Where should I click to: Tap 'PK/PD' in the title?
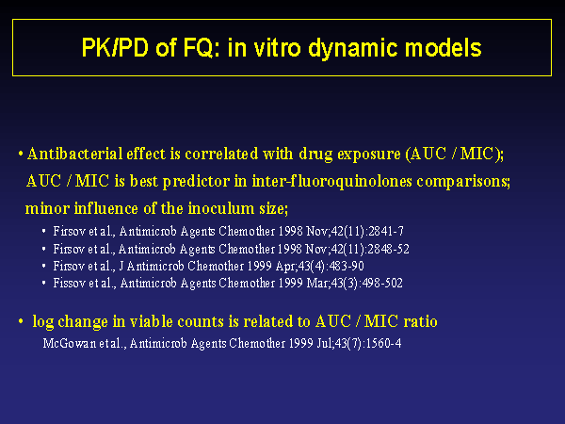click(115, 47)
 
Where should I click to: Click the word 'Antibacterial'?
click(74, 154)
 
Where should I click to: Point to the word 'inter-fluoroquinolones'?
click(331, 181)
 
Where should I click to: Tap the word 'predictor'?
click(196, 181)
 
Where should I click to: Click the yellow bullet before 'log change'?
click(21, 321)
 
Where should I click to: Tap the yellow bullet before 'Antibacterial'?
click(21, 155)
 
